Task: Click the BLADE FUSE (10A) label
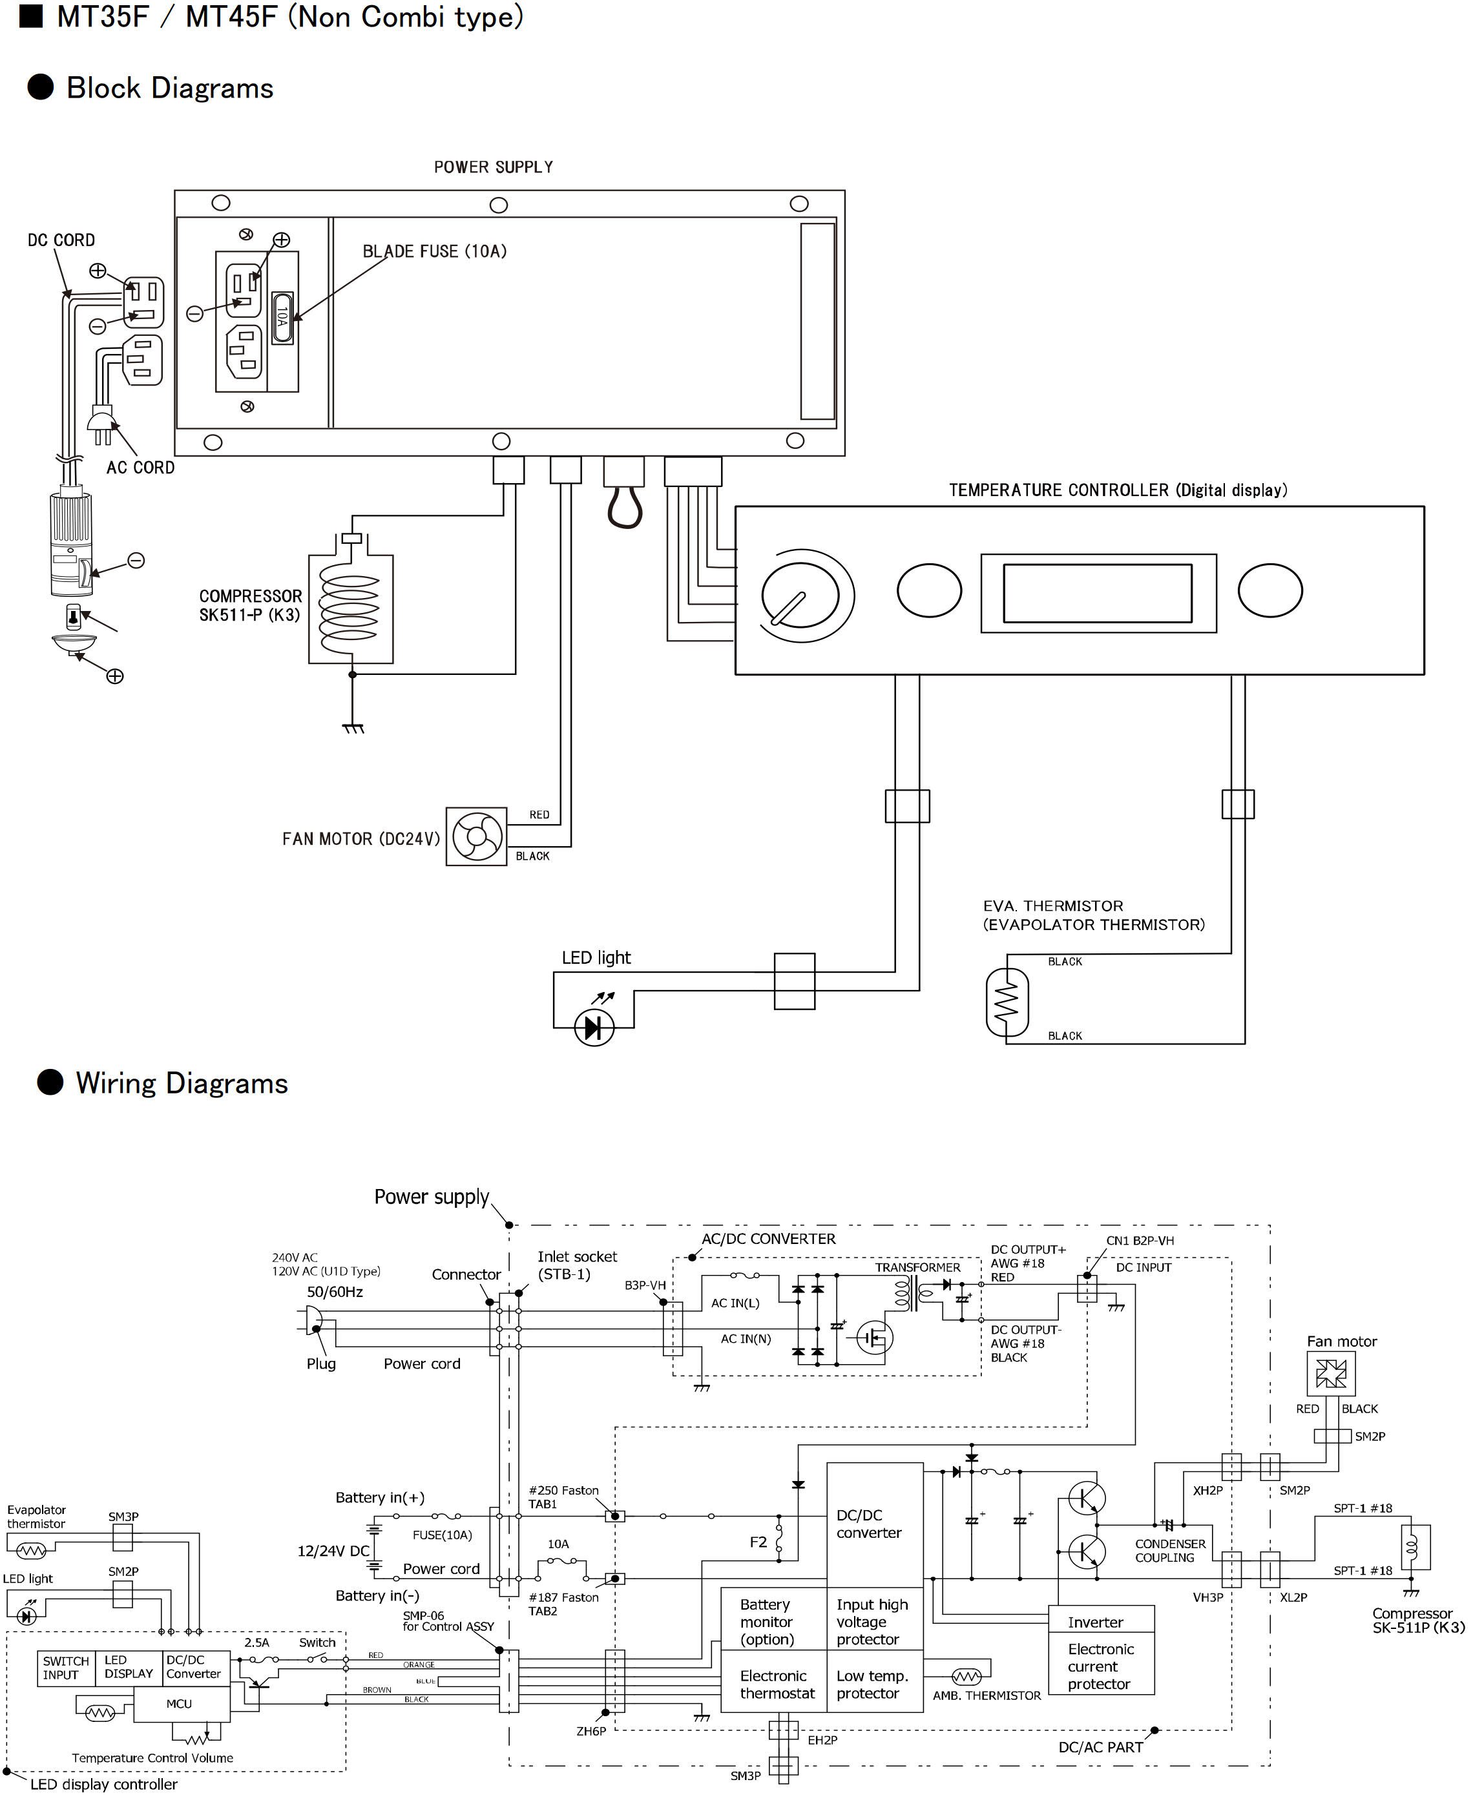pos(434,251)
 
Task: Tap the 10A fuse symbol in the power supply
pos(282,318)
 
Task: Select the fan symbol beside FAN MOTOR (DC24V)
pos(476,837)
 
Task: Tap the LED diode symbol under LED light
pos(594,1028)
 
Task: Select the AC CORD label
pos(140,468)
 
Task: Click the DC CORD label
pos(61,240)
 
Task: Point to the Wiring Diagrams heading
pos(182,1083)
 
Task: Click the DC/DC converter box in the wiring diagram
pos(874,1524)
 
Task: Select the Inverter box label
pos(1096,1622)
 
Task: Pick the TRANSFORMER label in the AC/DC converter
pos(917,1267)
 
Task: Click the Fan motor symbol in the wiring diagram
pos(1330,1374)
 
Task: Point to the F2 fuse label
pos(758,1542)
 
